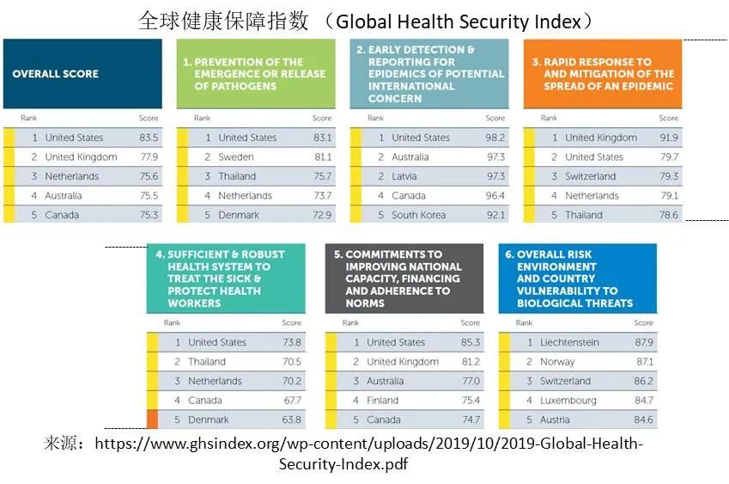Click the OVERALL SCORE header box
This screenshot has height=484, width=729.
pos(82,74)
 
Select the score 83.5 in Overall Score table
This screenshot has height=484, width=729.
pos(149,138)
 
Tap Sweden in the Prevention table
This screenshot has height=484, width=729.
pos(235,157)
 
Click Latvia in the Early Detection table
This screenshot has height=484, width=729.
pos(404,176)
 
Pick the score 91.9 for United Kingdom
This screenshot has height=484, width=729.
pos(668,138)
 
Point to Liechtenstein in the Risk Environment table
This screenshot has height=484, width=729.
pos(569,342)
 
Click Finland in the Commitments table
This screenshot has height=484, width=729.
pos(383,401)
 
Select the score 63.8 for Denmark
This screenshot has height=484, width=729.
pos(292,420)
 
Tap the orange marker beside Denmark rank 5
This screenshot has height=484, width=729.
pos(152,420)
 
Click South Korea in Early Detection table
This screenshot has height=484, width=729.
pos(419,215)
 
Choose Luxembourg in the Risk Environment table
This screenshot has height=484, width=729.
pos(568,401)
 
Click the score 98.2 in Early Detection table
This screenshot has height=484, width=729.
pos(495,138)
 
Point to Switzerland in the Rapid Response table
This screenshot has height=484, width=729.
pos(591,176)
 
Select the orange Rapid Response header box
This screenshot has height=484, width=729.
pos(603,74)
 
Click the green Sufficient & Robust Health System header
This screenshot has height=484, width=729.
pos(226,279)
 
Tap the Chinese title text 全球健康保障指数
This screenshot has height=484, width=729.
pos(223,21)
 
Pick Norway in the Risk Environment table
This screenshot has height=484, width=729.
pos(557,362)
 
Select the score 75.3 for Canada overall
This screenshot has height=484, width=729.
pos(149,215)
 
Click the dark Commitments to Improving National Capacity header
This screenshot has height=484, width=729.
pos(404,279)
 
